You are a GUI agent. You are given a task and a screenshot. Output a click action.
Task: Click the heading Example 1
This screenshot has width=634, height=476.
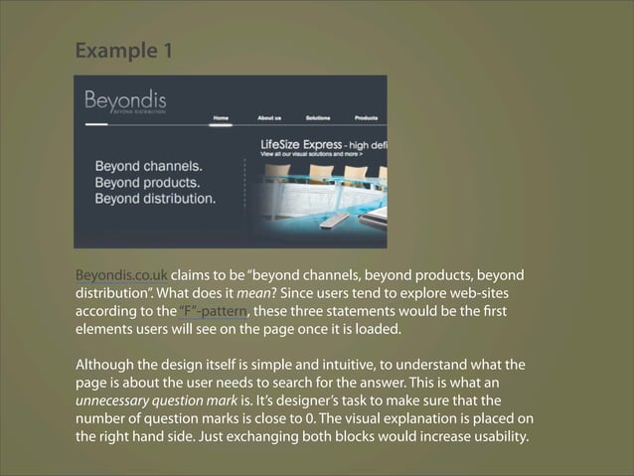123,50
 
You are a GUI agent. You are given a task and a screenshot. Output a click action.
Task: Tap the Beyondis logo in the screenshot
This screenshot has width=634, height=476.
125,101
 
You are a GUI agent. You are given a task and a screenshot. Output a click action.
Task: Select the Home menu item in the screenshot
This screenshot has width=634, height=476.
221,117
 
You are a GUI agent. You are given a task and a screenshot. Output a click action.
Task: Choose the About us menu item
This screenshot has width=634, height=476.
269,117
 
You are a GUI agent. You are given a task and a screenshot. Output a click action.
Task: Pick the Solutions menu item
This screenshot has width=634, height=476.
318,117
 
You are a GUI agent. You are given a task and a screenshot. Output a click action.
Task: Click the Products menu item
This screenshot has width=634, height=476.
366,117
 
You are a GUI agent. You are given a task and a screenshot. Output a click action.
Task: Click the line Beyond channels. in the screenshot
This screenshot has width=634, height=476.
148,166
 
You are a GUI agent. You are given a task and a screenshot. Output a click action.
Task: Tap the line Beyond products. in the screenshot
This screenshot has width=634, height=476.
148,182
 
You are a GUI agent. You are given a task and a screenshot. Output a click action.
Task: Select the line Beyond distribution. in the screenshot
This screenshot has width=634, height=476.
155,198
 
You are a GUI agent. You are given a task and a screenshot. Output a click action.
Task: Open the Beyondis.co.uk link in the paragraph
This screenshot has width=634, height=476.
121,275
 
